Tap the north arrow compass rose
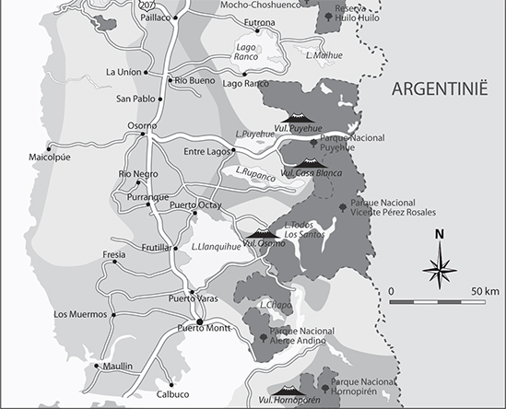pos(441,267)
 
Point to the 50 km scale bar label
pos(485,290)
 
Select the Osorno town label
pos(138,125)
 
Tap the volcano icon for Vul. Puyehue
pos(296,118)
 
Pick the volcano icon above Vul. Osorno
pos(260,233)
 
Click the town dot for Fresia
pos(114,262)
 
